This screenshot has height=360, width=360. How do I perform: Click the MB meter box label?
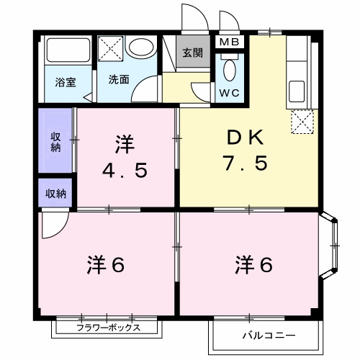pos(230,42)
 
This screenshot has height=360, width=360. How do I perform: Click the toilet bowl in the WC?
pos(230,71)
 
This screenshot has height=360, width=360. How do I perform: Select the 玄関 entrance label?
pos(192,53)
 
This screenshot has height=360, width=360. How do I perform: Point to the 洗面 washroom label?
pos(119,80)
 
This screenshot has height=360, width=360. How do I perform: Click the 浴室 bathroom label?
pos(66,81)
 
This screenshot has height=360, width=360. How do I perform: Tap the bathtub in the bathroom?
pos(68,51)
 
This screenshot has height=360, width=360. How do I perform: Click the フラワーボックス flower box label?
pos(107,328)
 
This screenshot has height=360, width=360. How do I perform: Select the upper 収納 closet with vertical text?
pos(55,141)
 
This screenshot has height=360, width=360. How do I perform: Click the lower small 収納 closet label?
pos(55,193)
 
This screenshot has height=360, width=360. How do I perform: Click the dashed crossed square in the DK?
pos(302,121)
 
